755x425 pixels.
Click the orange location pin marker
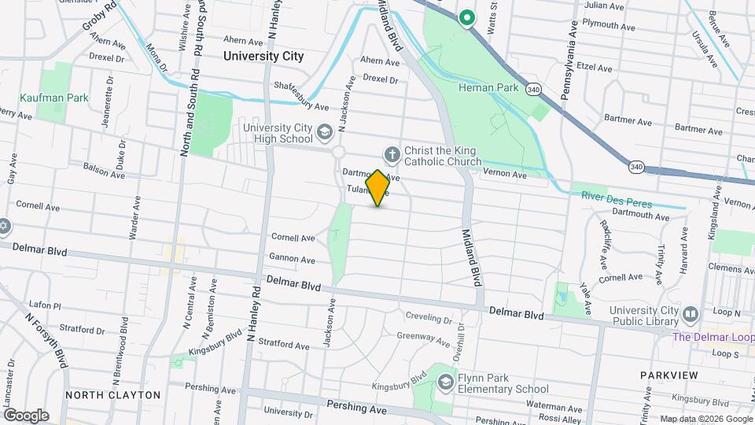click(x=377, y=187)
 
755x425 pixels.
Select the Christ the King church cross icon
click(x=391, y=153)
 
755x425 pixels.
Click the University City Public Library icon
click(x=691, y=315)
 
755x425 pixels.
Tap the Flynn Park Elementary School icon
click(x=445, y=382)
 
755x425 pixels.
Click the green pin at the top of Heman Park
click(x=467, y=17)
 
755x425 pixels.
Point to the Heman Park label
click(x=489, y=88)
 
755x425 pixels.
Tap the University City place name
click(x=263, y=56)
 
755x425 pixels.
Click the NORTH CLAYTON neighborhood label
click(x=112, y=395)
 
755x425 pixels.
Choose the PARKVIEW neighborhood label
click(x=668, y=375)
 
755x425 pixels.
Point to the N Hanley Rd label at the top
click(x=274, y=20)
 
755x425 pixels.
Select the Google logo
click(x=26, y=415)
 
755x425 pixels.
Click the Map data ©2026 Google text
click(x=706, y=419)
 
